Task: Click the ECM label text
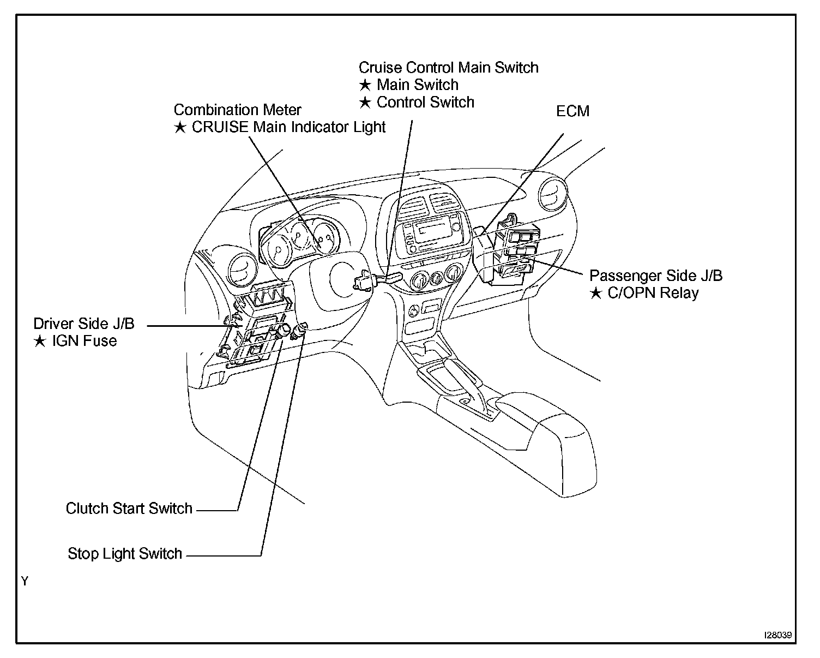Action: (x=572, y=111)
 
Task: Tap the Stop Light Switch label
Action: (x=124, y=554)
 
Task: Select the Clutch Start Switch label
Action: (x=129, y=509)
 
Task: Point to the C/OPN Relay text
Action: (x=653, y=293)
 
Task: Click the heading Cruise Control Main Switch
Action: (x=448, y=68)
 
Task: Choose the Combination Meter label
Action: (x=237, y=110)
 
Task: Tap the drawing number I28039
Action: (x=778, y=636)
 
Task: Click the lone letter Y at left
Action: (x=25, y=581)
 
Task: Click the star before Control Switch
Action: (x=365, y=103)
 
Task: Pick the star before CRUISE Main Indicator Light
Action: (x=180, y=128)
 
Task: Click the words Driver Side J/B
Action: (x=83, y=324)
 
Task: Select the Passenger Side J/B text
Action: (x=655, y=276)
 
